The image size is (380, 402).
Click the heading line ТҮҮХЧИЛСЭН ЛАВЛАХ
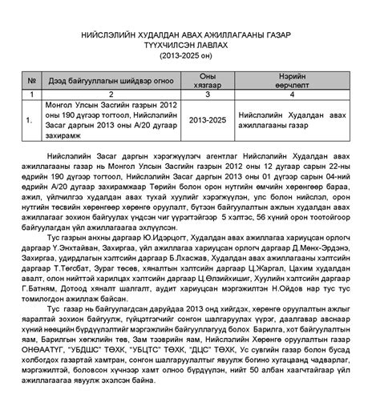click(x=189, y=46)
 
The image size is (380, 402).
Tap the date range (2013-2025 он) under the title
click(x=189, y=56)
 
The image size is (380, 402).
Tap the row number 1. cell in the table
click(x=30, y=120)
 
